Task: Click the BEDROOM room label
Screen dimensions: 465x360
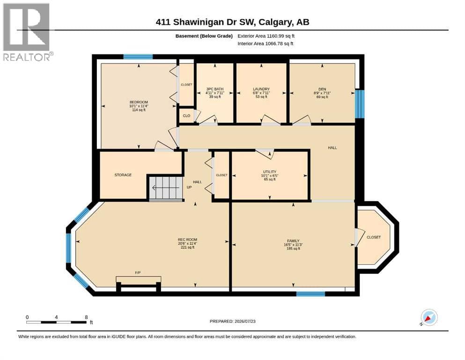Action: [x=139, y=102]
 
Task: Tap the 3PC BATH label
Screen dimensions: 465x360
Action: [x=215, y=89]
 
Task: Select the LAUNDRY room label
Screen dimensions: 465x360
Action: [x=261, y=89]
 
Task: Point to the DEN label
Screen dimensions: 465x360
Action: [x=322, y=89]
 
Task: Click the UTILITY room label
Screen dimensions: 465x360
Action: [x=270, y=172]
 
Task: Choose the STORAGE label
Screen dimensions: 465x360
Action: [x=123, y=175]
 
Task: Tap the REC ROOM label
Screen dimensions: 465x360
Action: [x=187, y=240]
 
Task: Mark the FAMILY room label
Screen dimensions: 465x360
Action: [x=293, y=240]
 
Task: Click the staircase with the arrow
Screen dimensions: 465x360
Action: [x=165, y=188]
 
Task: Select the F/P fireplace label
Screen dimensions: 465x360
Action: [x=138, y=272]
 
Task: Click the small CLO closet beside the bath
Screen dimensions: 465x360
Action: [x=186, y=116]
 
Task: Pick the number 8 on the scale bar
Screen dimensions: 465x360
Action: [x=86, y=317]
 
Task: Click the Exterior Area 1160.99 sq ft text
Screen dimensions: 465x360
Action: [x=266, y=36]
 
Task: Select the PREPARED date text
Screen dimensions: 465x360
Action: [x=232, y=321]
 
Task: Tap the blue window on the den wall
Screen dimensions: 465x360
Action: [x=360, y=104]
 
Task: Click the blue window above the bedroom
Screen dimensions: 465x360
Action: [x=138, y=57]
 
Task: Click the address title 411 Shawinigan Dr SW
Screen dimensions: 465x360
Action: [x=206, y=22]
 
